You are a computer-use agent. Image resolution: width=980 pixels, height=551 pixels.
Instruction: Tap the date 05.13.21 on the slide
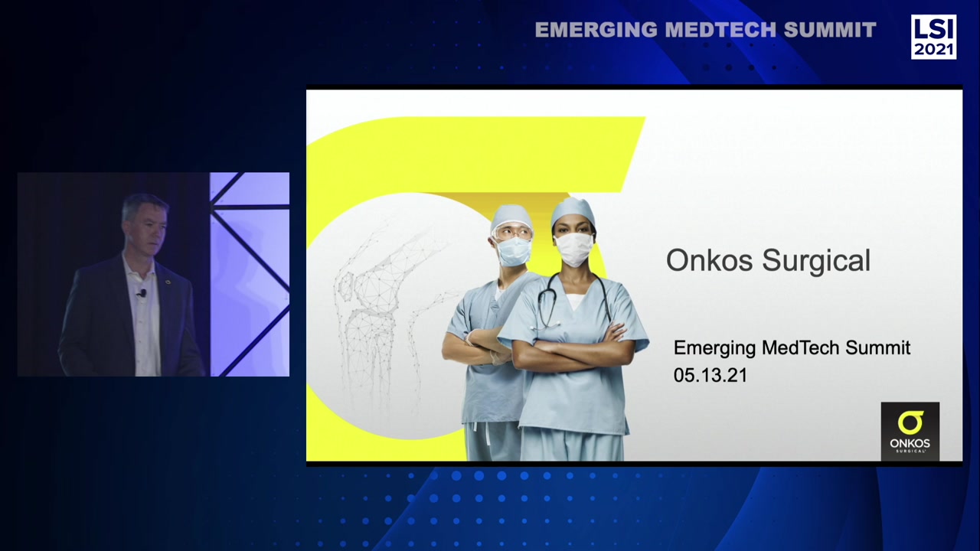710,375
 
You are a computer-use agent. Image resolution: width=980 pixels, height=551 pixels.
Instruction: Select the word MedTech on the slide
800,348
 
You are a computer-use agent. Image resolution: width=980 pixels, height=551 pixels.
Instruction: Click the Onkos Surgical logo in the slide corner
910,432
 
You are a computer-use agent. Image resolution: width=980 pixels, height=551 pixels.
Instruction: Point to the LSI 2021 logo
933,37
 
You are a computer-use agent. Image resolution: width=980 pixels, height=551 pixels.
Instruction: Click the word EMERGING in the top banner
596,30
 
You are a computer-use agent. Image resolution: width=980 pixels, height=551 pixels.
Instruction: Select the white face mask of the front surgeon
573,249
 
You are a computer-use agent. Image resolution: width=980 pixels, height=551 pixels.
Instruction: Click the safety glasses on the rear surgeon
511,230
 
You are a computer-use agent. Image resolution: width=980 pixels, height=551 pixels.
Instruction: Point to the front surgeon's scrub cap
573,210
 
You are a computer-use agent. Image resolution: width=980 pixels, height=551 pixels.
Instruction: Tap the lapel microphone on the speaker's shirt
142,292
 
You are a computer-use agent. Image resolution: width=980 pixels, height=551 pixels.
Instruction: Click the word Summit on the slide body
877,348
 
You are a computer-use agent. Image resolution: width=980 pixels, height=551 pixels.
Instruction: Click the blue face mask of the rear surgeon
513,251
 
